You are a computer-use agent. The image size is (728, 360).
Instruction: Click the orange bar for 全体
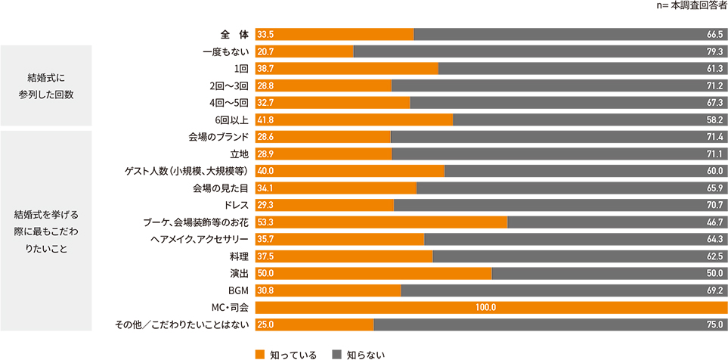pos(335,34)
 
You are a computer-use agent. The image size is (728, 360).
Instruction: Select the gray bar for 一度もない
pos(540,51)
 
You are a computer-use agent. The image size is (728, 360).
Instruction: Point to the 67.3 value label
pos(715,102)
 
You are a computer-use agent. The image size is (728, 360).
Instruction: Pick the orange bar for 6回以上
pos(354,119)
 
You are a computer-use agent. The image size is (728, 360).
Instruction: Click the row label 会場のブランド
pos(218,136)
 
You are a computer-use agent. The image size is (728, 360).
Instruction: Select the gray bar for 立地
pos(559,154)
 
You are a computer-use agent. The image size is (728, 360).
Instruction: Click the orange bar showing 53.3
pos(382,222)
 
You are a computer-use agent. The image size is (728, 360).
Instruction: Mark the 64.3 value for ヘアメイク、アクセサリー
pos(715,239)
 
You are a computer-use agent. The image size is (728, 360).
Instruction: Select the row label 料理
pos(240,256)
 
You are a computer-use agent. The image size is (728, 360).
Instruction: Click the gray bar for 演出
pos(609,273)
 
